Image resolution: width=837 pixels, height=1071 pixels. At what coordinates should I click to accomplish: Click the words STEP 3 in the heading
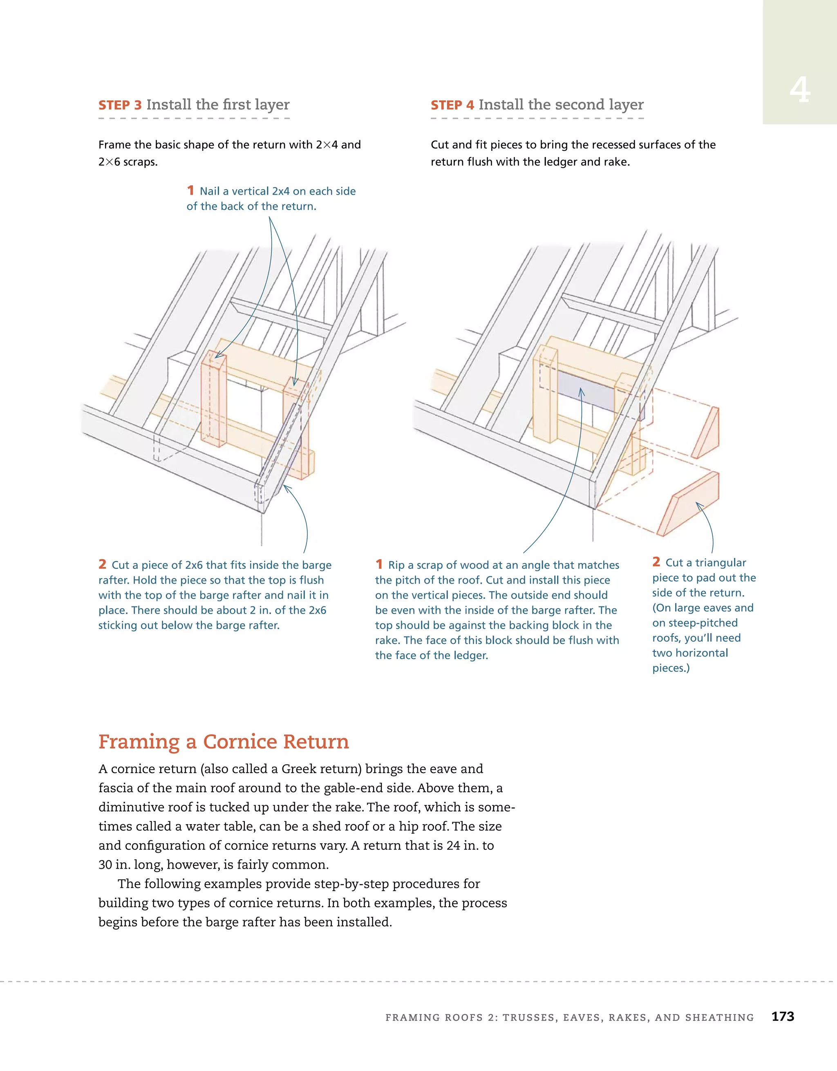tap(120, 105)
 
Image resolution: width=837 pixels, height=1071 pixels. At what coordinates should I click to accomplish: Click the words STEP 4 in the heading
tap(452, 105)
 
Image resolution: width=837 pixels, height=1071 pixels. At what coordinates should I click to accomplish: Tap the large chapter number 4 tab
tap(799, 91)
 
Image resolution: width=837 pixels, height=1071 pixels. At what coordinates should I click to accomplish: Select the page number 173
tap(783, 1017)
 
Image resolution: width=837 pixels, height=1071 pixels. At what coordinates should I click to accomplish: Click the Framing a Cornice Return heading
tap(224, 742)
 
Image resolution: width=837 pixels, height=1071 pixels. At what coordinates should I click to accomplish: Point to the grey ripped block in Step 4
tap(586, 391)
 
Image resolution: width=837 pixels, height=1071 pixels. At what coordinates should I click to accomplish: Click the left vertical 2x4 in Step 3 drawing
tap(214, 400)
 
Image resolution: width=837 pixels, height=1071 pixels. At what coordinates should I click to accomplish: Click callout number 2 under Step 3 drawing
tap(102, 565)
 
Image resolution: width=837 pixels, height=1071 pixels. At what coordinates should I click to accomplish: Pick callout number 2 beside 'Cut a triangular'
tap(656, 562)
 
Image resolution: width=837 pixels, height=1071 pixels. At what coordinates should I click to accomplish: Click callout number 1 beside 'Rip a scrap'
tap(379, 565)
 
